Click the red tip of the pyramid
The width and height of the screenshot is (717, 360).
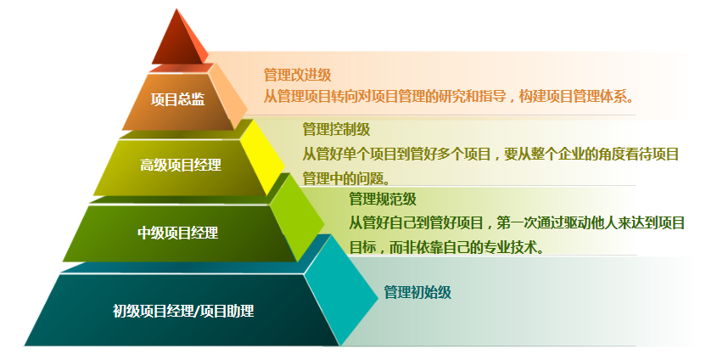click(176, 42)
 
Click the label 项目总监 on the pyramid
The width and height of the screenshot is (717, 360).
click(177, 99)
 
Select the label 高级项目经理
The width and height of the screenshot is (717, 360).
click(181, 165)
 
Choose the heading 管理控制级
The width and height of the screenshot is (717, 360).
click(336, 130)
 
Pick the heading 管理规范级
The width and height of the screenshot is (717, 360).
click(382, 200)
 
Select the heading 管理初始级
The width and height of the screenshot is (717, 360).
click(417, 293)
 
